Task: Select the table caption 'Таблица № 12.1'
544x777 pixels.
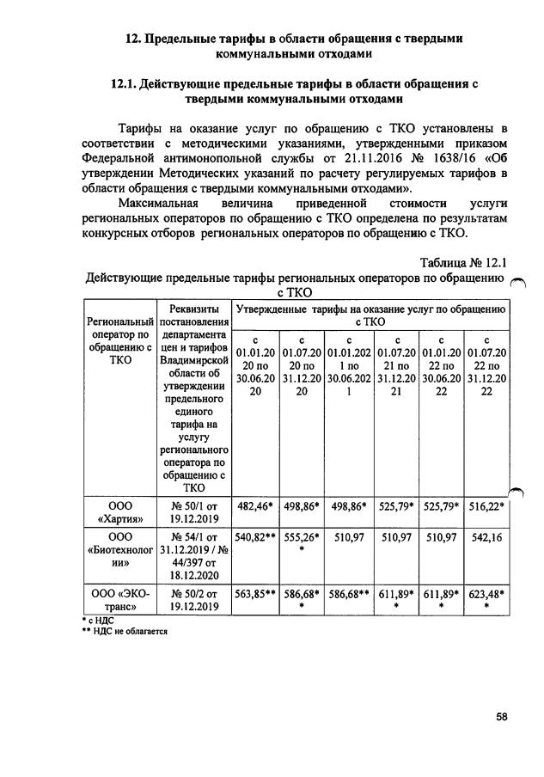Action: pyautogui.click(x=465, y=263)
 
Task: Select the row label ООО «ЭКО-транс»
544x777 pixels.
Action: pyautogui.click(x=119, y=599)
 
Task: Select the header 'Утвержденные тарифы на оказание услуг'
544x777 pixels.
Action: pyautogui.click(x=372, y=314)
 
